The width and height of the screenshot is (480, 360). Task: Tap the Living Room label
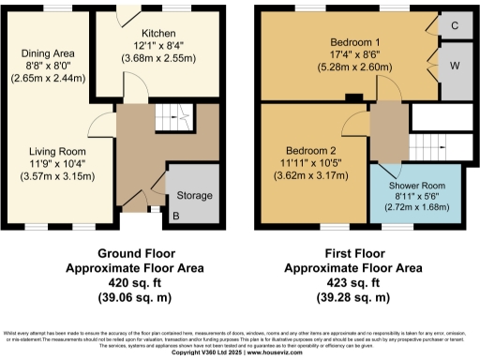click(x=59, y=151)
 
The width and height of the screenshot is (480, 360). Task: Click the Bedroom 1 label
click(x=354, y=42)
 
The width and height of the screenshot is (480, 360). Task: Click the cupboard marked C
click(x=455, y=25)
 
